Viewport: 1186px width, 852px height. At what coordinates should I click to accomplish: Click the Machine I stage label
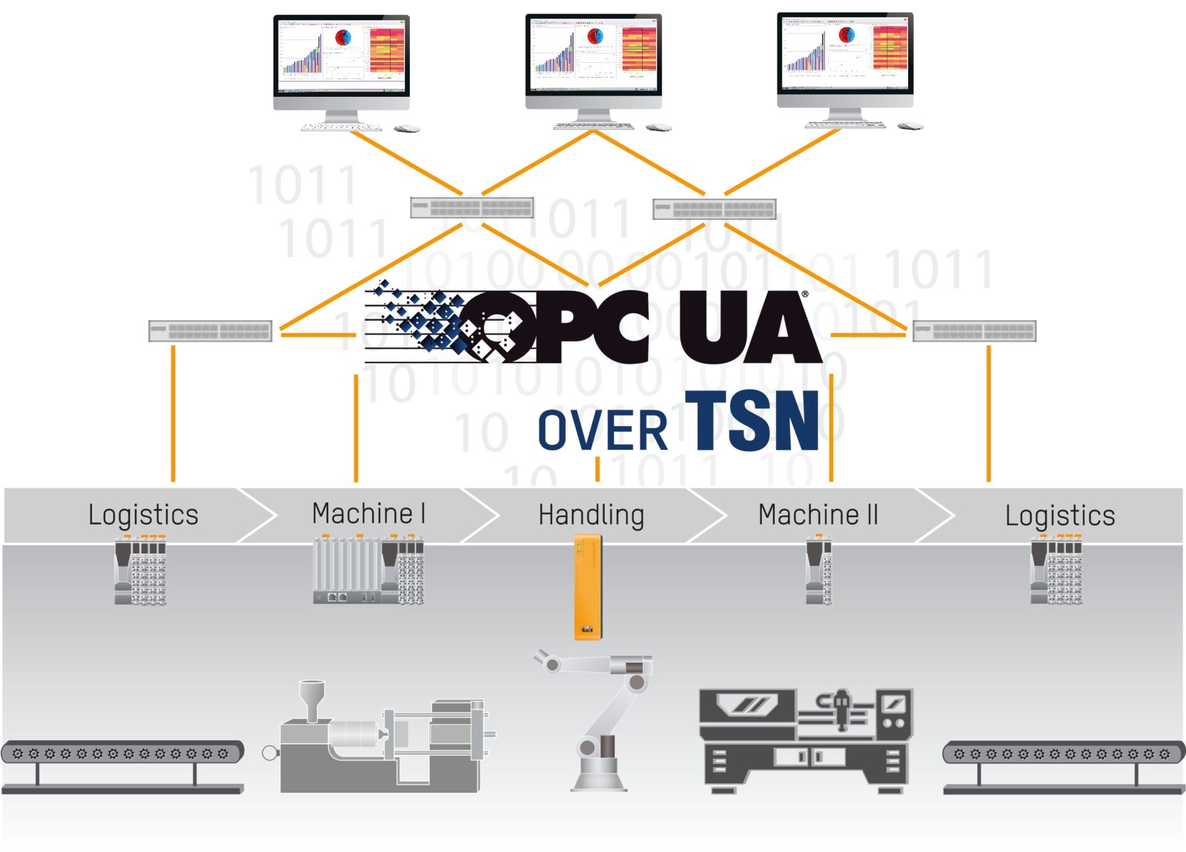point(368,513)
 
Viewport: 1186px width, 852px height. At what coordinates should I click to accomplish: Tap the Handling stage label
point(591,515)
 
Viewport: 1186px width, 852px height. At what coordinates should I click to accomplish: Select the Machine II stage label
point(818,514)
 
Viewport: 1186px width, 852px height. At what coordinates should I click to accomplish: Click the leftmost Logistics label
point(143,515)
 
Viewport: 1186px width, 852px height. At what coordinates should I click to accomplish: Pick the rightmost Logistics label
point(1060,516)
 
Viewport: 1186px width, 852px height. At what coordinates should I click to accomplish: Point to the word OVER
point(602,431)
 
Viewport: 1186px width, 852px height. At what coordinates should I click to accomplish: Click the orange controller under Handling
point(588,588)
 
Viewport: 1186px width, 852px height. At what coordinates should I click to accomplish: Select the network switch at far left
point(211,331)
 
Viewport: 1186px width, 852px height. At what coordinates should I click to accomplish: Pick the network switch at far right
point(974,331)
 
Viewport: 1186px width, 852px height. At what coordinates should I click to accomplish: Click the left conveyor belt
point(122,753)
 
